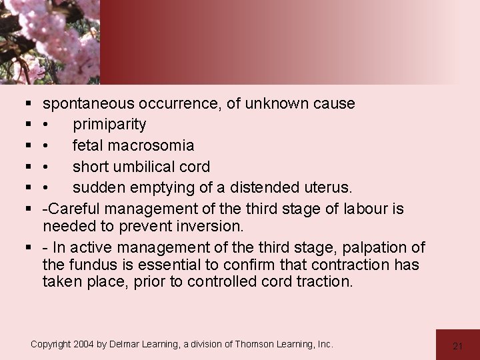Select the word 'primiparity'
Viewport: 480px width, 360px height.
pyautogui.click(x=109, y=125)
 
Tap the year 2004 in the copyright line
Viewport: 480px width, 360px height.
pyautogui.click(x=86, y=344)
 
